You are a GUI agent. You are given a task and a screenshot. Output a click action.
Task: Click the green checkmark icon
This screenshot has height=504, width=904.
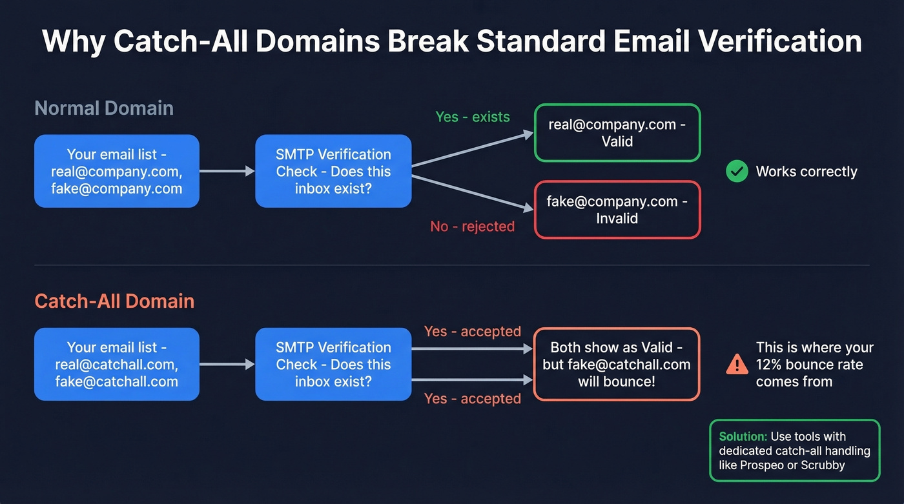coord(737,171)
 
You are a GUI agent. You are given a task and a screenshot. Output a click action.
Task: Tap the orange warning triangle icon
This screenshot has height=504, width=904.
coord(737,365)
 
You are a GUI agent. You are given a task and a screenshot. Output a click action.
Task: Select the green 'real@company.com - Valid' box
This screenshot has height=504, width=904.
coord(617,132)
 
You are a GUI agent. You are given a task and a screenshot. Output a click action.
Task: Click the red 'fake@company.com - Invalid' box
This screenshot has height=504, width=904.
coord(617,210)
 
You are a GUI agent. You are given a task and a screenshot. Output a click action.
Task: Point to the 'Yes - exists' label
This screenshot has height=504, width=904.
coord(472,117)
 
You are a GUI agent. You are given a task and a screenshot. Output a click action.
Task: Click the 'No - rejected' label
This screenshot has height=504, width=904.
coord(472,227)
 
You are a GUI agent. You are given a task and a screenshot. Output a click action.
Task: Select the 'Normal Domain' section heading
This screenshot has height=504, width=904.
coord(104,108)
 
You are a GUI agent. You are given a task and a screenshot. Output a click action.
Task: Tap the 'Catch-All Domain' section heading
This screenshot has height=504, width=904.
coord(114,301)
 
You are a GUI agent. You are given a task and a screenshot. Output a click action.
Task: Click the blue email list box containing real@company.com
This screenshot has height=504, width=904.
coord(116,171)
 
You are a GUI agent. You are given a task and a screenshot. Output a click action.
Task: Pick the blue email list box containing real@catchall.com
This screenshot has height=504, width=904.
coord(116,364)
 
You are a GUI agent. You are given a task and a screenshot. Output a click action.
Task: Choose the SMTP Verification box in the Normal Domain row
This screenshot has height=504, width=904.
coord(333,171)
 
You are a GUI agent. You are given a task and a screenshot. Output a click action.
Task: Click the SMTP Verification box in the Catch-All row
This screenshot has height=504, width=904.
coord(333,364)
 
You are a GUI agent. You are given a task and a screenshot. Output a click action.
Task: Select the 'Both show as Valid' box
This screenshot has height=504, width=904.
coord(617,364)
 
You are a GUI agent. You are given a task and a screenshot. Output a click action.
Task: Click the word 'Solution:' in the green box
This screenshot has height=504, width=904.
coord(743,436)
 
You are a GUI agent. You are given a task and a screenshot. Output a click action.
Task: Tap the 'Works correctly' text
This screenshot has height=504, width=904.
coord(806,172)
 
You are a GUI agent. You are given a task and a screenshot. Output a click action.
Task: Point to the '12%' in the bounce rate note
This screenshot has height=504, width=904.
coord(770,365)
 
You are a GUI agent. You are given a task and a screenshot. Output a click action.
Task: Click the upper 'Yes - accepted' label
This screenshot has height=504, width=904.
coord(472,331)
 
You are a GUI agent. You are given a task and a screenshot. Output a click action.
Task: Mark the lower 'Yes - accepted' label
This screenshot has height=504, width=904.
coord(472,399)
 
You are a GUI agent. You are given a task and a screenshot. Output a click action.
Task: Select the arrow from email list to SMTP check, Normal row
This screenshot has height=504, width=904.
coord(227,171)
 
